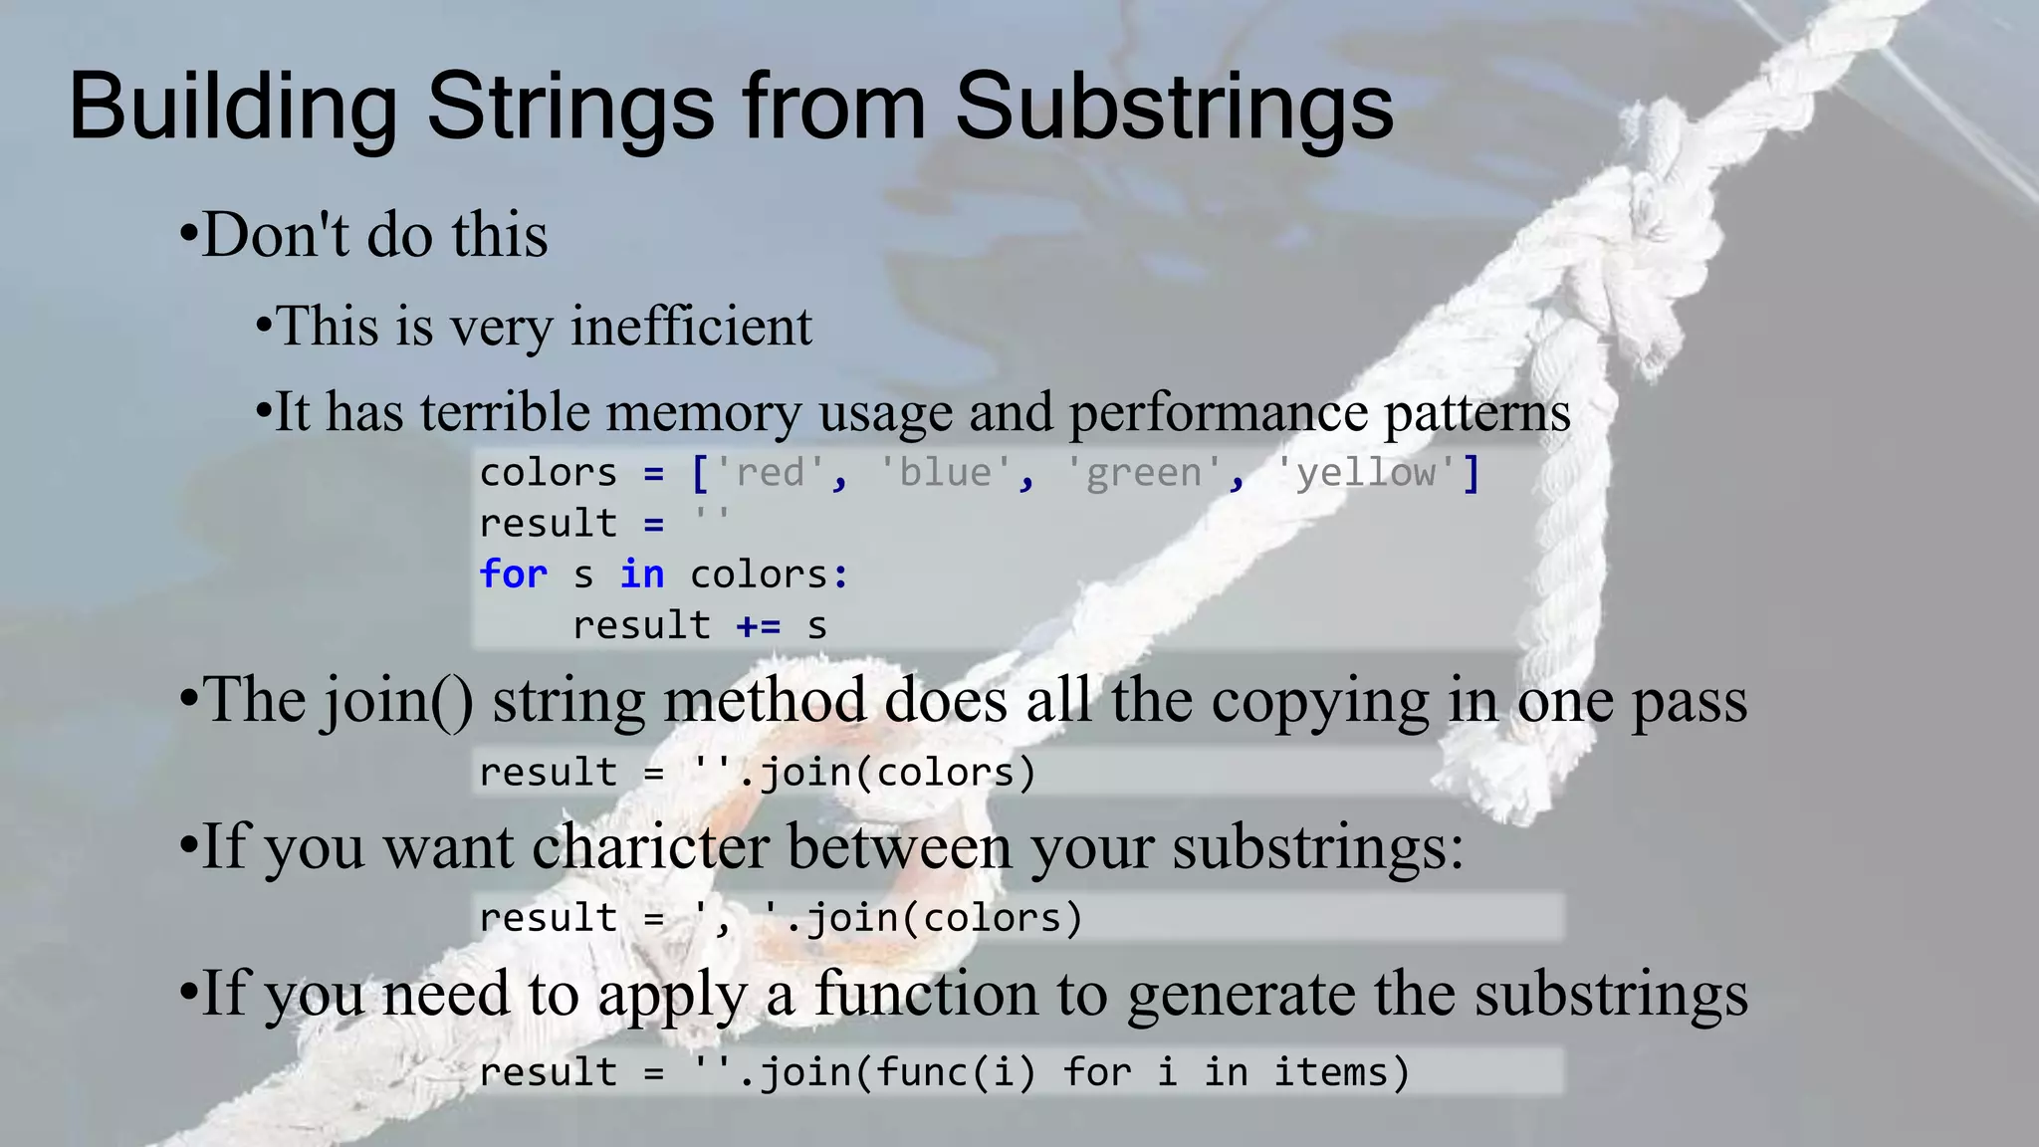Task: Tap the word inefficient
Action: (691, 327)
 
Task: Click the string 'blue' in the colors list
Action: (945, 472)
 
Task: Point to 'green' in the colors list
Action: (1143, 472)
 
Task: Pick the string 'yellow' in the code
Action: (1366, 472)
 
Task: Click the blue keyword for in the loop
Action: (513, 574)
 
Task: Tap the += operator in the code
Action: (759, 626)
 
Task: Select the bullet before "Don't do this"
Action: (188, 237)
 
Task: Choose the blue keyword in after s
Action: (642, 574)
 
